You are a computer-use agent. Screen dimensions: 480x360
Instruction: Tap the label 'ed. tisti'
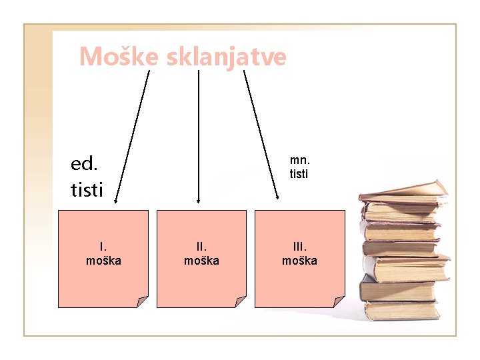tap(87, 177)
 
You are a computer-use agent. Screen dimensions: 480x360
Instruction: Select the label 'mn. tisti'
tap(299, 167)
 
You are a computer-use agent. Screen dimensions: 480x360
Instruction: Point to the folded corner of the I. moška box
tap(142, 301)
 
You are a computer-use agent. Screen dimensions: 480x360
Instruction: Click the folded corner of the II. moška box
tap(240, 301)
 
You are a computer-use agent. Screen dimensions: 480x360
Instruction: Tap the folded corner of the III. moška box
tap(338, 301)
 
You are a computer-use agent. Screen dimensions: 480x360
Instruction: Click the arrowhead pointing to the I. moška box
tap(115, 199)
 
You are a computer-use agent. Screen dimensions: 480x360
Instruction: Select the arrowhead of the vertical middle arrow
tap(198, 199)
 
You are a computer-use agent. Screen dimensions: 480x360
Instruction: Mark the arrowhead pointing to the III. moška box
tap(278, 197)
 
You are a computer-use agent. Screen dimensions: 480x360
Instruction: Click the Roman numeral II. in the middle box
tap(201, 248)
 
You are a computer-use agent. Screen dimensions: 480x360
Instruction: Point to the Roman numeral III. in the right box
tap(299, 248)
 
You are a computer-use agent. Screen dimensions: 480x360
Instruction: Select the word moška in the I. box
tap(103, 261)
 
